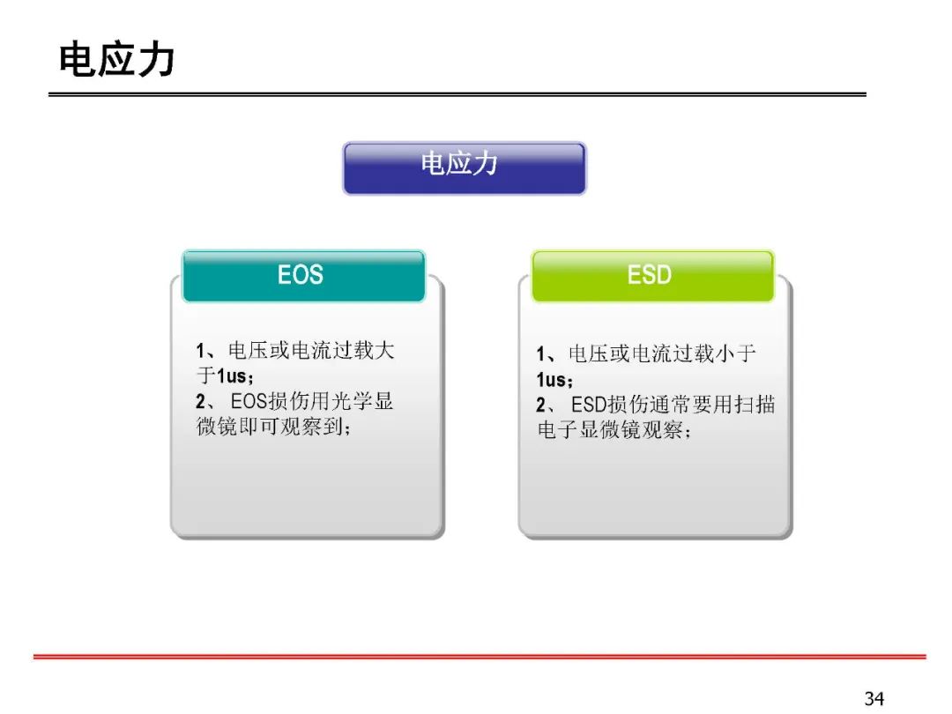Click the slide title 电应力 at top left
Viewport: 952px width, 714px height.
click(x=116, y=60)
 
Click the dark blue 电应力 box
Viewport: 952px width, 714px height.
click(x=465, y=168)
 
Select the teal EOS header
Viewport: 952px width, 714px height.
click(x=303, y=276)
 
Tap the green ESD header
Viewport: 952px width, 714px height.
click(x=652, y=276)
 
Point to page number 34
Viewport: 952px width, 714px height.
click(x=874, y=698)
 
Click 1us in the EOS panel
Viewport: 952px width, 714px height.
click(x=231, y=376)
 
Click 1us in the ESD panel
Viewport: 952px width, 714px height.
click(x=551, y=379)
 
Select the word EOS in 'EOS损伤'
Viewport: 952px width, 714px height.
click(x=249, y=401)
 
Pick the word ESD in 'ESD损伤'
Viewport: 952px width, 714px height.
click(x=589, y=405)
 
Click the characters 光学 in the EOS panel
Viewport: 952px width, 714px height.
click(x=352, y=401)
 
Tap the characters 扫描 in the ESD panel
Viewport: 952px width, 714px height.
click(x=755, y=405)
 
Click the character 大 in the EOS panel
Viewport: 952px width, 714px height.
click(x=384, y=350)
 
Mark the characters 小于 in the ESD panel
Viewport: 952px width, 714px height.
click(x=736, y=353)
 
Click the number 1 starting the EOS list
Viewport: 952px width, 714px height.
click(x=200, y=350)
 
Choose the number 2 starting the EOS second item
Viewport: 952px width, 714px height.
click(x=201, y=401)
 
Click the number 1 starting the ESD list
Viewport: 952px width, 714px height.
click(x=541, y=354)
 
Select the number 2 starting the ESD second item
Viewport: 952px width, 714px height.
click(x=541, y=405)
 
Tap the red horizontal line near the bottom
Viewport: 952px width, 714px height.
click(x=480, y=657)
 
